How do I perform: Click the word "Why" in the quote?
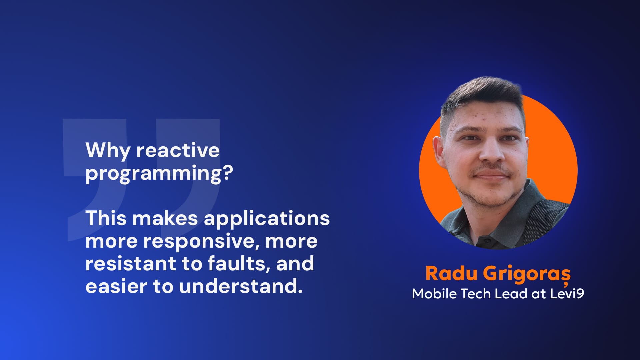click(x=108, y=151)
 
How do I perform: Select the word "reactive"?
click(x=178, y=150)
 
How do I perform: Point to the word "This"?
click(x=106, y=218)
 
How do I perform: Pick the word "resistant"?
click(x=130, y=263)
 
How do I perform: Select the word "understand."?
click(x=241, y=286)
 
